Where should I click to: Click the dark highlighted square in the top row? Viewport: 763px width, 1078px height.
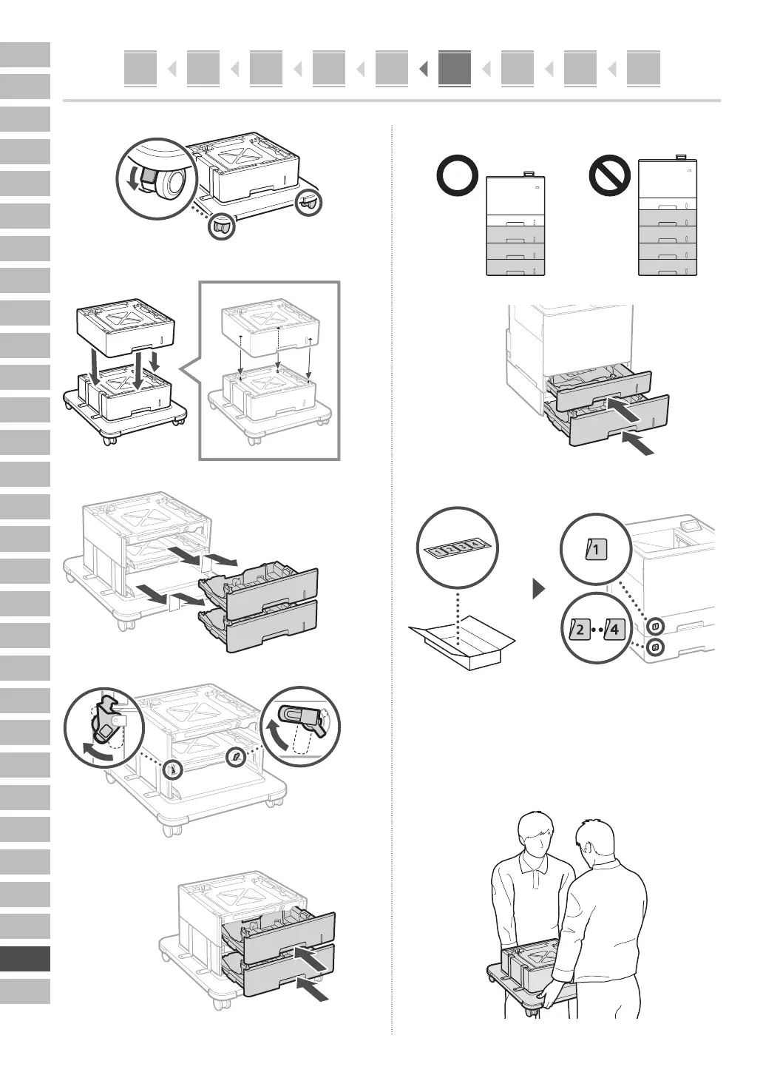[x=454, y=68]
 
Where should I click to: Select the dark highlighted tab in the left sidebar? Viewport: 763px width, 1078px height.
[x=25, y=959]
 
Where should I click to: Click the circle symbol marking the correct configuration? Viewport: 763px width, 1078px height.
[x=457, y=178]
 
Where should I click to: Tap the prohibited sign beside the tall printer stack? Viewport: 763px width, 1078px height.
[x=609, y=178]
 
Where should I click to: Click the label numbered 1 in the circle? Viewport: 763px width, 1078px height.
[x=595, y=550]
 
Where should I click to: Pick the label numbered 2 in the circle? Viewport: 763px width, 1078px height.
[x=578, y=631]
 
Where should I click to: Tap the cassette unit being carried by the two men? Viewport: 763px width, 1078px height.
[x=529, y=967]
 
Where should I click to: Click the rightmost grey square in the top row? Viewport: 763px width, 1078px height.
[x=642, y=68]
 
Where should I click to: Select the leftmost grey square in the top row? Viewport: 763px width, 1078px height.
[x=140, y=68]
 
